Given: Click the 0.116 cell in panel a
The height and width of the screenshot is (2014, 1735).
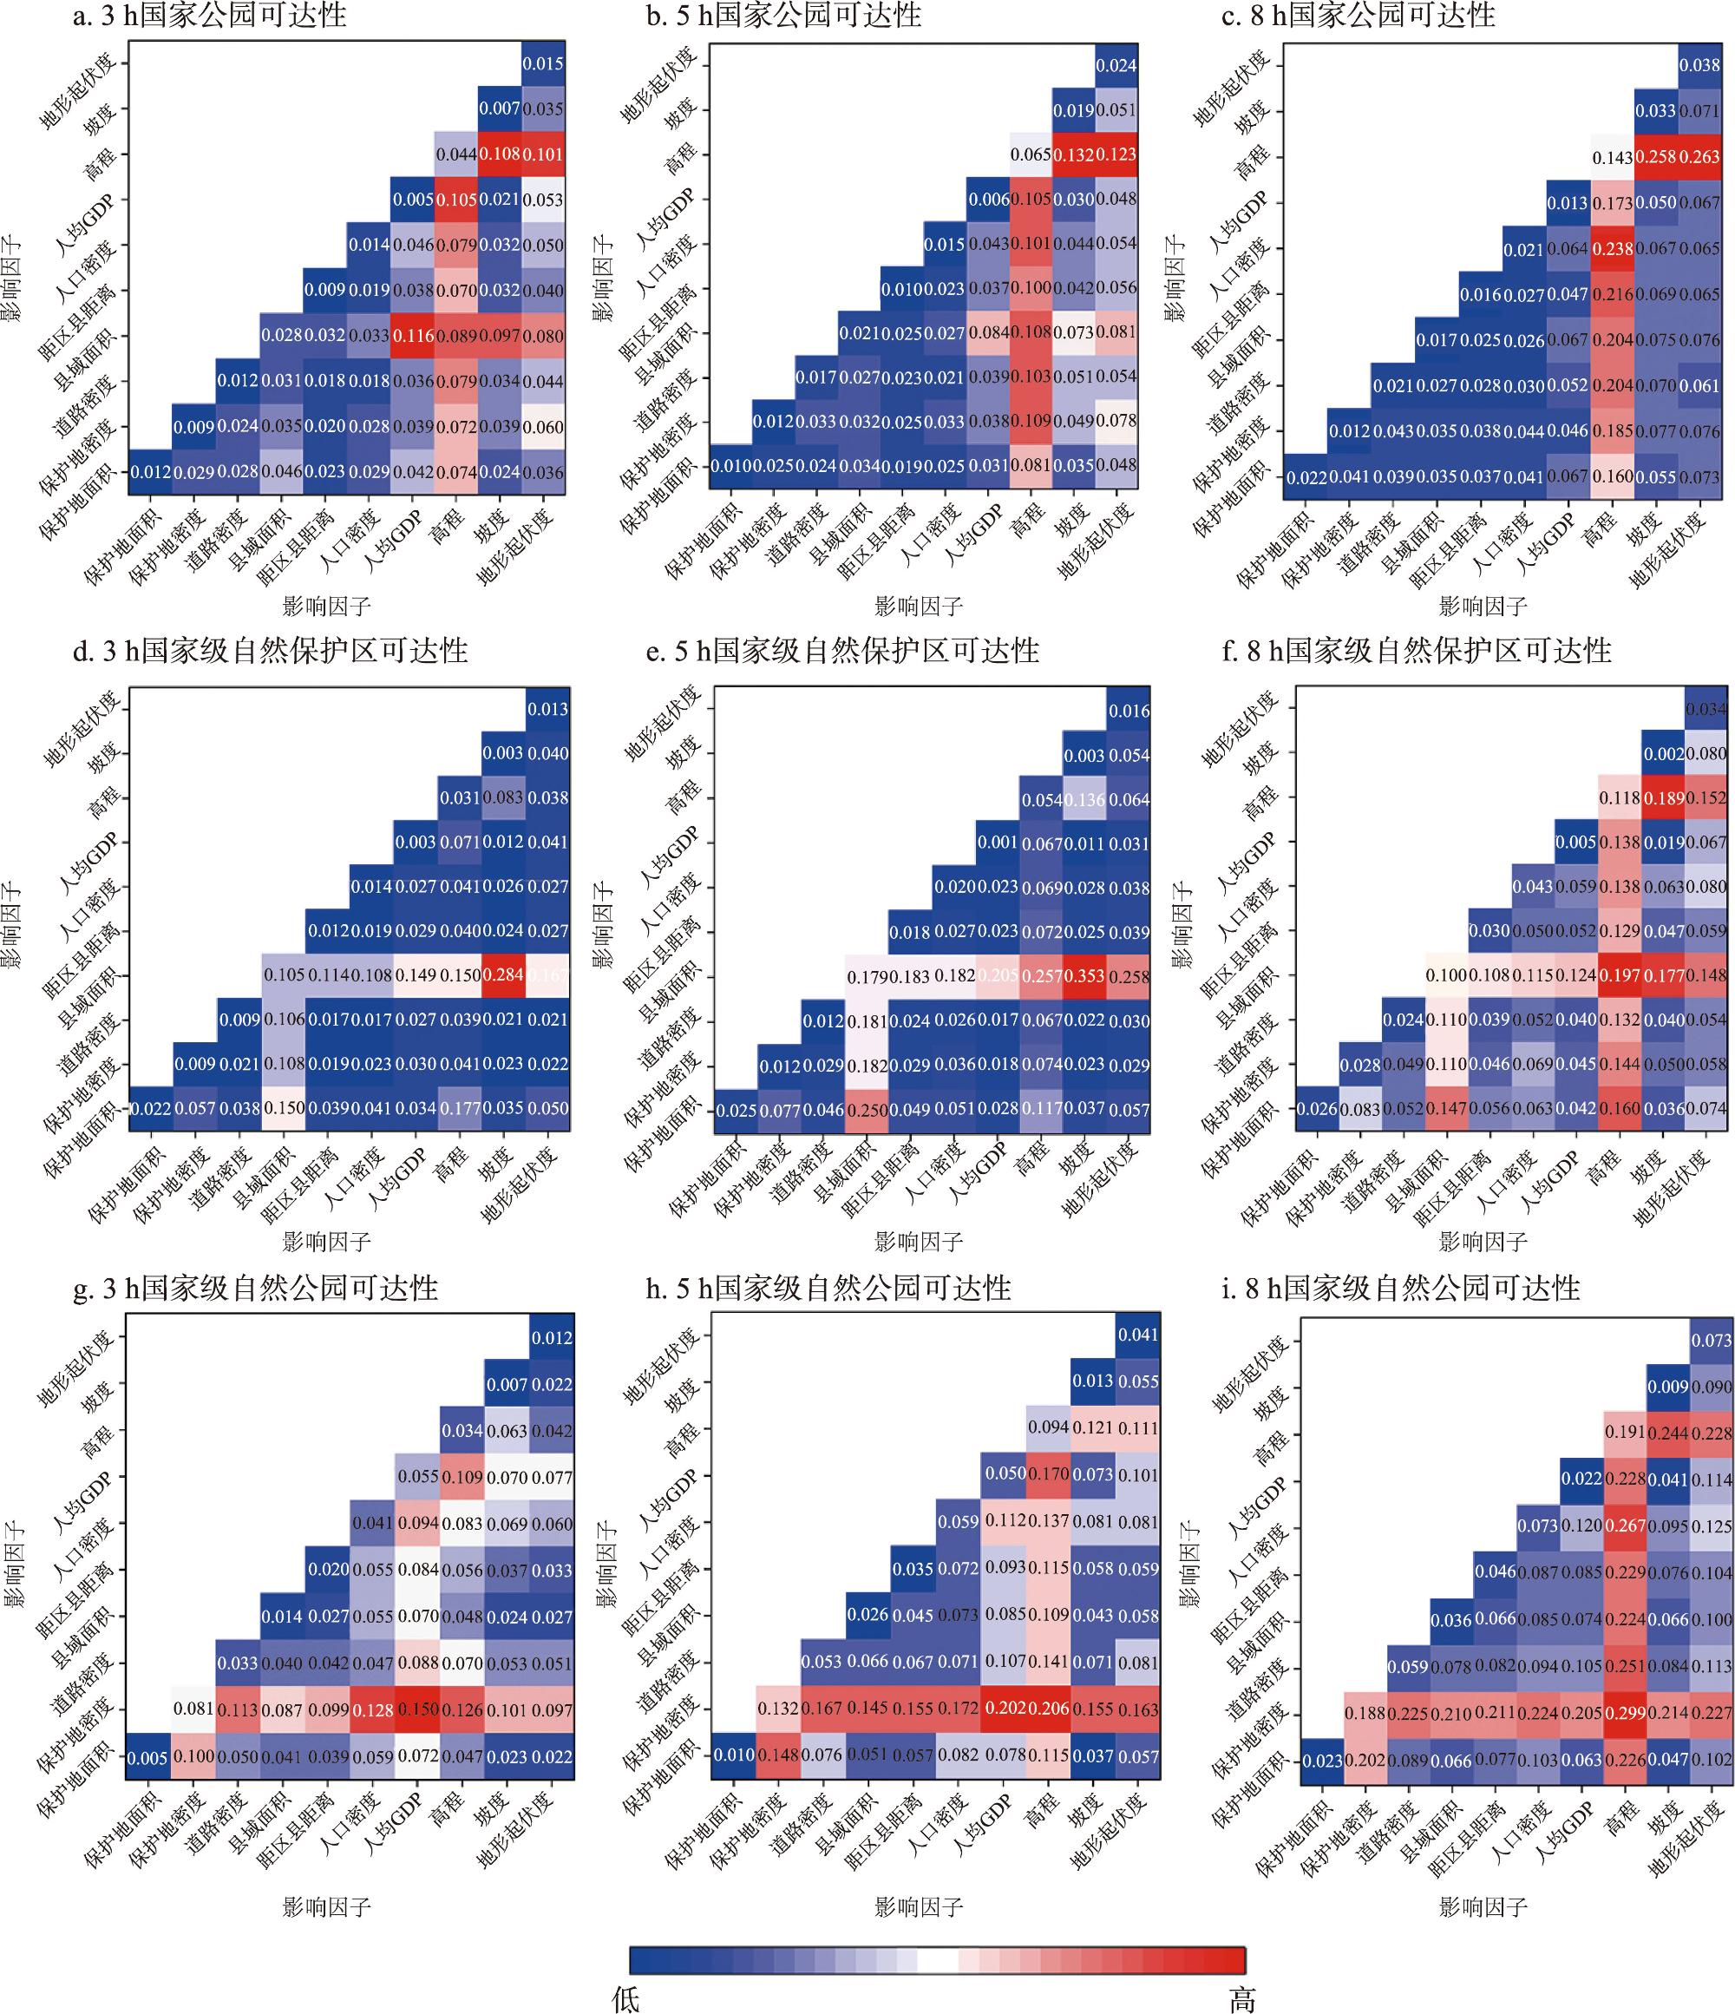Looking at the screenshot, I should pos(413,337).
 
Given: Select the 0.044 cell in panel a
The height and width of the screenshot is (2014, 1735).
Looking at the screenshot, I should pos(455,154).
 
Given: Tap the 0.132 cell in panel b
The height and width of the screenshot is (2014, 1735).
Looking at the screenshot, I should pos(1074,154).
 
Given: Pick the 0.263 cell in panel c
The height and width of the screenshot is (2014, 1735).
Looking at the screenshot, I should pos(1700,156).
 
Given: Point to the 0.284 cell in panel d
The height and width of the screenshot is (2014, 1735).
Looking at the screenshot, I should pos(503,975).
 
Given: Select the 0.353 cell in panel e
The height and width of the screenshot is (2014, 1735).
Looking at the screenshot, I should pos(1084,976).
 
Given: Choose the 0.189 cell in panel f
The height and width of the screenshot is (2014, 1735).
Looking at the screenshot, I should pos(1663,798).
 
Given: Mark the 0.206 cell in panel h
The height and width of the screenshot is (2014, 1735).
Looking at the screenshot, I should pos(1048,1708).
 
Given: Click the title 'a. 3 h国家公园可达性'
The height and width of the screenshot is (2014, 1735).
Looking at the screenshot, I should pos(209,16).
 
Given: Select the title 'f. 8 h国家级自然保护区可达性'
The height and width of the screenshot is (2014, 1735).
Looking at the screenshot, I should pos(1416,649).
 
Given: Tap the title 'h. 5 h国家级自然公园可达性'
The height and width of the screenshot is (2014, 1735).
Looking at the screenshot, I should pos(828,1288).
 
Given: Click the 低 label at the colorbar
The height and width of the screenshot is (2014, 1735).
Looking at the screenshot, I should pos(626,1998).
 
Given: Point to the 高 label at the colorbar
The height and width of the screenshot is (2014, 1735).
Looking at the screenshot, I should pos(1241,1998).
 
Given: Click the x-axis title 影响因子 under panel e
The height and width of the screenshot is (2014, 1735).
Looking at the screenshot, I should pos(919,1241).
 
